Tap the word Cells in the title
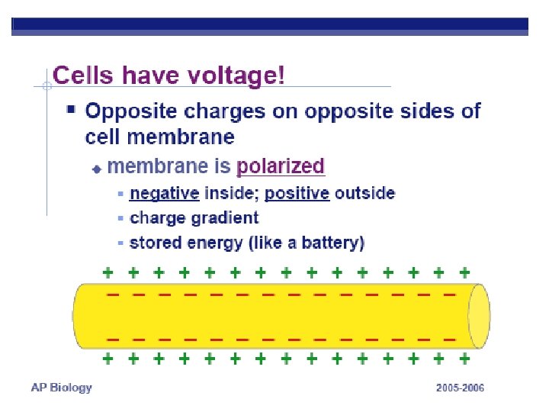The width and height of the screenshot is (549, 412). (x=83, y=75)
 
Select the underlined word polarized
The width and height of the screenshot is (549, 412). (x=281, y=166)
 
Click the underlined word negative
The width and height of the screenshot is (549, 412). (x=164, y=194)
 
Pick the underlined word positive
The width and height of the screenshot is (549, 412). (x=297, y=193)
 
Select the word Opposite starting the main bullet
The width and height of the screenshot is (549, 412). (x=131, y=111)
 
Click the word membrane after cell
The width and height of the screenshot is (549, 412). (x=181, y=137)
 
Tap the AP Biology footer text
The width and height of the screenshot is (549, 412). (x=61, y=388)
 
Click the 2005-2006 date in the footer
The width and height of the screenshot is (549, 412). (x=460, y=388)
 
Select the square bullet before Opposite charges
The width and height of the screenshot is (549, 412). (x=71, y=110)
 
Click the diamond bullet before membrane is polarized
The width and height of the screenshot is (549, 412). (x=97, y=169)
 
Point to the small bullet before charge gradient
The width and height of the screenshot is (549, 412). (x=120, y=218)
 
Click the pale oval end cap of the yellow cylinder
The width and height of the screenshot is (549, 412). (x=479, y=316)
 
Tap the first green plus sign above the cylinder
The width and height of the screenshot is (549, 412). (x=108, y=272)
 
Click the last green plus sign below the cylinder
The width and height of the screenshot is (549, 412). (x=464, y=359)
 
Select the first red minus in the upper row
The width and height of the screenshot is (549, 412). (x=113, y=295)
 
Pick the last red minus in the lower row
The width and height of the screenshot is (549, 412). (x=450, y=340)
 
